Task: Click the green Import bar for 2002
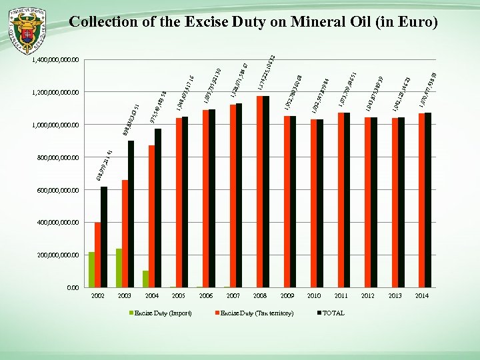[x=91, y=270]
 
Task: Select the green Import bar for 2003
[x=119, y=268]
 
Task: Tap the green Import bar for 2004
[x=146, y=279]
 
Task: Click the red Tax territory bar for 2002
[x=97, y=255]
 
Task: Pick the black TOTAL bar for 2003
[x=131, y=214]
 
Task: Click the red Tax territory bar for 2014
[x=421, y=201]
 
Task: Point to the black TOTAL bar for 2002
[x=104, y=237]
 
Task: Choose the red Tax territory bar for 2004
[x=152, y=217]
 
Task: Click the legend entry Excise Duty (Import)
[x=163, y=313]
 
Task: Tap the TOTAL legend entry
[x=333, y=313]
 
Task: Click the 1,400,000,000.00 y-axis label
[x=54, y=61]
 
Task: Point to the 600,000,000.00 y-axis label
[x=54, y=191]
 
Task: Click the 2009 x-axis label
[x=287, y=295]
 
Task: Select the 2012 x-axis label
[x=369, y=295]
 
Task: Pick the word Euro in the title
[x=414, y=23]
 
